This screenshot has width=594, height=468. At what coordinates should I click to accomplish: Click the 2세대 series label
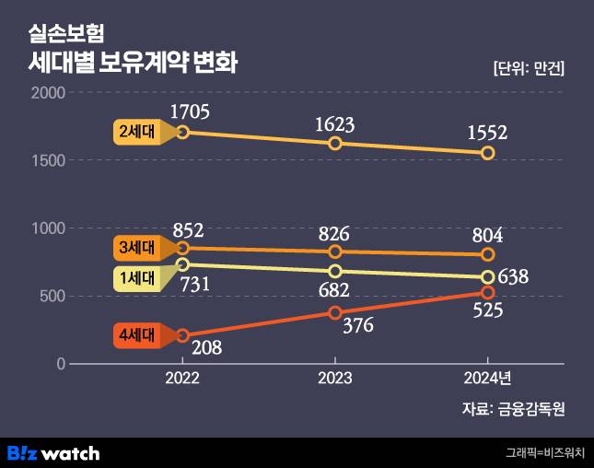tap(137, 132)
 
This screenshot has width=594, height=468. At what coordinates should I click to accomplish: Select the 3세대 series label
tap(137, 248)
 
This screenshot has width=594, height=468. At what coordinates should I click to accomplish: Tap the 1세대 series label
tap(137, 278)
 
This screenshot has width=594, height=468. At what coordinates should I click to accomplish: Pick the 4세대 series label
tap(137, 335)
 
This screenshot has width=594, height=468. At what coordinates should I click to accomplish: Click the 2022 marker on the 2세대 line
tap(182, 132)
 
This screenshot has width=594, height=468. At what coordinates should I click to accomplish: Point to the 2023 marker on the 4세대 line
tap(335, 312)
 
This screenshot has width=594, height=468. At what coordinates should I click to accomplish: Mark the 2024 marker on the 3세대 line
tap(488, 254)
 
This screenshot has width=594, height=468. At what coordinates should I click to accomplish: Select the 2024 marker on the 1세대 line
tap(488, 277)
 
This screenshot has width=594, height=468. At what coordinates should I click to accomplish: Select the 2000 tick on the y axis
tap(48, 92)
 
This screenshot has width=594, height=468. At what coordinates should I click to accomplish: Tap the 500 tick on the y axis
tap(52, 296)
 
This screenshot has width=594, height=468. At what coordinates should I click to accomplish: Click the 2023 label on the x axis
tap(335, 378)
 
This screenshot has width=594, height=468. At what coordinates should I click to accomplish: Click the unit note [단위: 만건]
tap(529, 69)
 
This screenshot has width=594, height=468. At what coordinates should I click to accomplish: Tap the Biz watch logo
tap(52, 452)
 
